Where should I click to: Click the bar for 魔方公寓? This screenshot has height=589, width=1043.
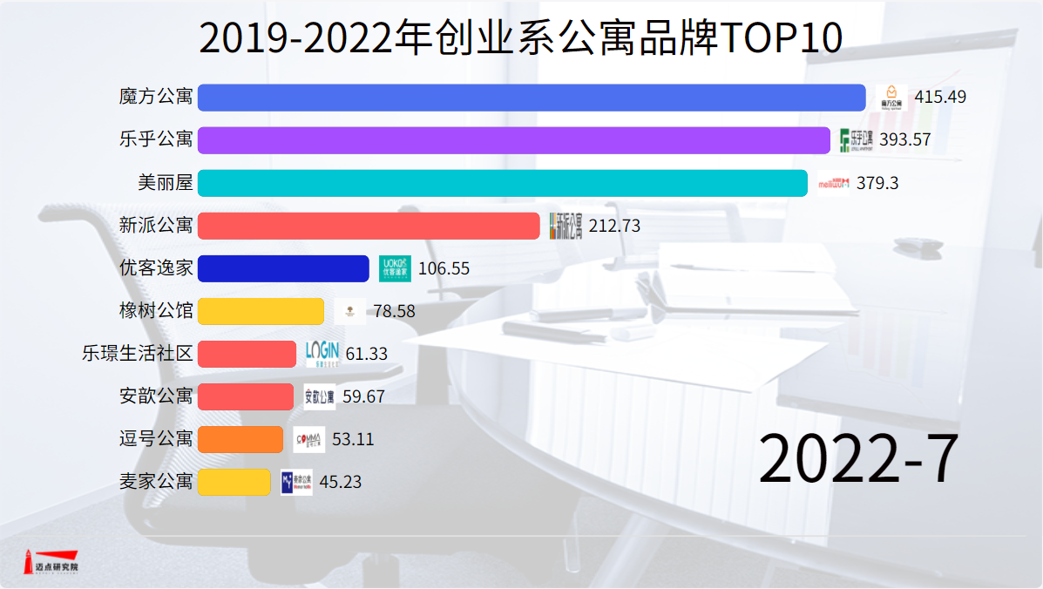coord(532,98)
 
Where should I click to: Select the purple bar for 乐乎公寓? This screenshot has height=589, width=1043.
coord(514,140)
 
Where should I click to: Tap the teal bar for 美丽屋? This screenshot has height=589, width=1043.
coord(503,183)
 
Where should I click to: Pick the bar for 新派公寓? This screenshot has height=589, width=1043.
coord(369,226)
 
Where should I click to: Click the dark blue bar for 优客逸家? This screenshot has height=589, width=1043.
coord(283,268)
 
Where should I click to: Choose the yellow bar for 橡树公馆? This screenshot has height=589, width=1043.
coord(261,311)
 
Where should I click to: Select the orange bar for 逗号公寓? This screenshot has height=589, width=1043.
coord(240,439)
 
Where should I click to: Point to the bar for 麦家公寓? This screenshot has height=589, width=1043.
coord(234,482)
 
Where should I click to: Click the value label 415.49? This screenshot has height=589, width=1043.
coord(940,98)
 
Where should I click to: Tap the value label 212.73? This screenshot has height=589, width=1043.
coord(614,226)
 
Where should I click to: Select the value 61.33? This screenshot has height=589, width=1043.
coord(366,354)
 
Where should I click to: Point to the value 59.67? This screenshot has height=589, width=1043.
coord(363,396)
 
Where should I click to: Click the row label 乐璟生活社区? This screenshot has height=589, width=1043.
coord(137,354)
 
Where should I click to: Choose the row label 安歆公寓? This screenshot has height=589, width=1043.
coord(156,396)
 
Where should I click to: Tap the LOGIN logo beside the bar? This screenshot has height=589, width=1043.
coord(322,353)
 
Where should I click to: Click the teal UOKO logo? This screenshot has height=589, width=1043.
coord(396,268)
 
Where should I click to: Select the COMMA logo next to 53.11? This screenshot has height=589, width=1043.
coord(309,439)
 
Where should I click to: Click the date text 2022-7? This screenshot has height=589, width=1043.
coord(857,459)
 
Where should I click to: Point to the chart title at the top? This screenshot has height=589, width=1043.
coord(521,38)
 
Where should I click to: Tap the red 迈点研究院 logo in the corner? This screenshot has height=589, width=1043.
coord(51,562)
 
